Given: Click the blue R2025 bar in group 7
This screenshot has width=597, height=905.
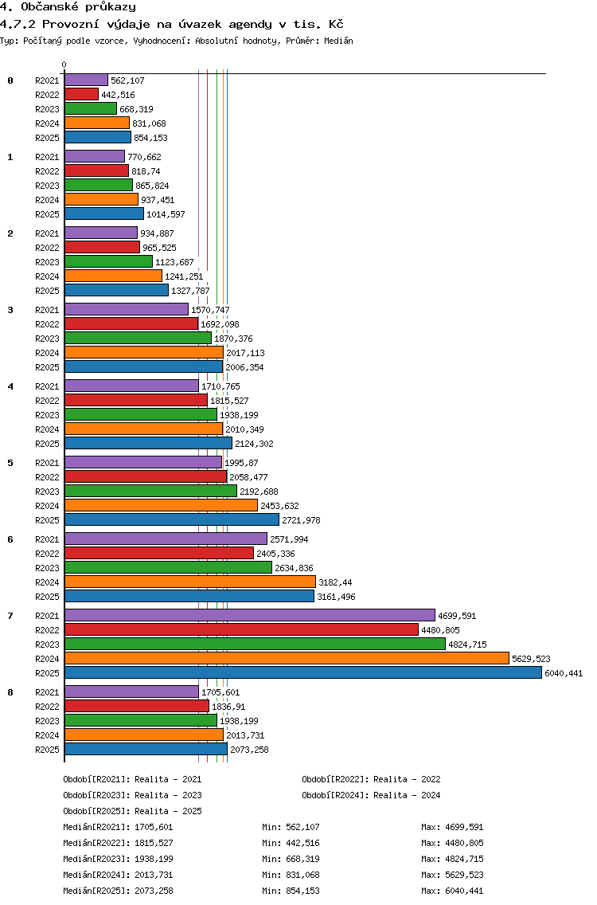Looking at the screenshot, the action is [x=303, y=673].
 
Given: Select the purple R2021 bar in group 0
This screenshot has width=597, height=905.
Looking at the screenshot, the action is [x=87, y=80].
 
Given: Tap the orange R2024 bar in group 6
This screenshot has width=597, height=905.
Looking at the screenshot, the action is [x=190, y=582].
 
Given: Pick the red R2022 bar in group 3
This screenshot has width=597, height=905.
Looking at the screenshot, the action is [x=131, y=324].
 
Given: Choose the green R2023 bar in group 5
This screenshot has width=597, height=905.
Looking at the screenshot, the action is [x=151, y=492].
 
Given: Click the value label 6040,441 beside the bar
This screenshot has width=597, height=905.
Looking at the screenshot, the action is [x=564, y=673].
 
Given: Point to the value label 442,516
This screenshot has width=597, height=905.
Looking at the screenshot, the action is [x=119, y=96].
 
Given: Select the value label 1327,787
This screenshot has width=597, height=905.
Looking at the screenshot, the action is [x=190, y=292].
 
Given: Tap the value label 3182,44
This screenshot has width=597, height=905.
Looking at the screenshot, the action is [x=336, y=583].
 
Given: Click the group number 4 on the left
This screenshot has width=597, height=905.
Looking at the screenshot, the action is [x=10, y=386].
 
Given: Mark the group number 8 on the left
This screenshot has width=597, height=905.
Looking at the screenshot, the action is [x=10, y=692].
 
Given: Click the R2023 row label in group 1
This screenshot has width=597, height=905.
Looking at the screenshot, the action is [x=47, y=186].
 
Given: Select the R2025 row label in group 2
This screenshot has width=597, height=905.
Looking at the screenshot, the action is [x=47, y=292].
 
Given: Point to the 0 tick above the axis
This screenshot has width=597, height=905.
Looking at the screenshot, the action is [x=64, y=65].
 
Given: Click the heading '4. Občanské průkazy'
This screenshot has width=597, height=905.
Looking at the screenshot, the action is [x=68, y=7].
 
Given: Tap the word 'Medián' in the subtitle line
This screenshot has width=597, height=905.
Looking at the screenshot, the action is [x=338, y=41].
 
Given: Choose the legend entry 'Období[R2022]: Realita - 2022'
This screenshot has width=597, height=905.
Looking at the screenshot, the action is [x=371, y=780].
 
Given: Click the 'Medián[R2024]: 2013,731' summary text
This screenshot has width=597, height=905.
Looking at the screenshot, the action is [x=119, y=876].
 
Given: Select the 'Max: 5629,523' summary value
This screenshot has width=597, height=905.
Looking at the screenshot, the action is [x=452, y=876].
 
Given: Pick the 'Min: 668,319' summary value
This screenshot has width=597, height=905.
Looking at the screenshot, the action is [x=291, y=860].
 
